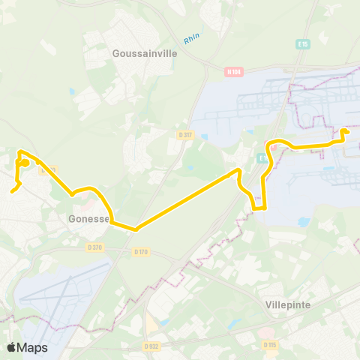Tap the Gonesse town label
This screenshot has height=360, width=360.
(x=88, y=218)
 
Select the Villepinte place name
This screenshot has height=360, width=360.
(x=288, y=305)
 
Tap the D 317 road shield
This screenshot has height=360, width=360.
(x=184, y=134)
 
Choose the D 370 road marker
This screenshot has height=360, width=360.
(x=94, y=247)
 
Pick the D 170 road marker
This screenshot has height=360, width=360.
(x=140, y=251)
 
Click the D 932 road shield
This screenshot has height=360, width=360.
(x=150, y=346)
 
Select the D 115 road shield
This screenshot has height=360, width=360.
(x=269, y=344)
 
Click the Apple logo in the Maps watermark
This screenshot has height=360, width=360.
(x=11, y=347)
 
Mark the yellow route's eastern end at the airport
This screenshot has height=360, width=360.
(x=344, y=132)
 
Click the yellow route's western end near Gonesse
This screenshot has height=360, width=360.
(x=11, y=191)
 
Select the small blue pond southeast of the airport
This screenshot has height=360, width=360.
(x=302, y=222)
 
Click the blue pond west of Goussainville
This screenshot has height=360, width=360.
(x=71, y=91)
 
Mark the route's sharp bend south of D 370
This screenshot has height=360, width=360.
(x=136, y=229)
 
